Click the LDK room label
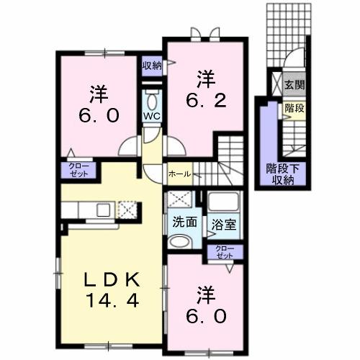coord(105,279)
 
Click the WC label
coord(151,116)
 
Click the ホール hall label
coord(180,174)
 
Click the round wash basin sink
coord(180,243)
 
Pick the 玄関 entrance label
coord(294,85)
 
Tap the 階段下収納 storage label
coord(285,174)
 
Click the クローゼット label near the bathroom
coord(225,252)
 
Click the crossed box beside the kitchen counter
coord(127,210)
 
